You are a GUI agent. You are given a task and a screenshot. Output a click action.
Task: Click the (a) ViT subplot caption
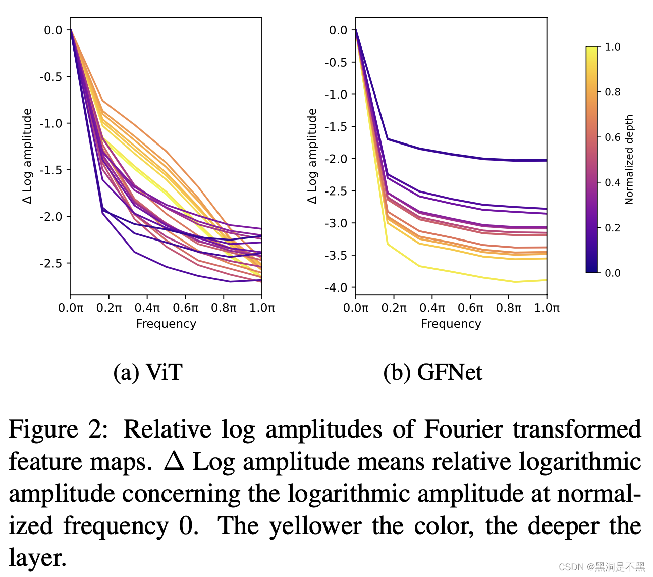click(x=147, y=373)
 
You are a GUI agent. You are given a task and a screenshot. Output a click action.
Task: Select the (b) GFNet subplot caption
click(x=432, y=373)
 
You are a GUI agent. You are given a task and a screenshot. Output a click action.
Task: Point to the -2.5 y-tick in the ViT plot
click(x=51, y=263)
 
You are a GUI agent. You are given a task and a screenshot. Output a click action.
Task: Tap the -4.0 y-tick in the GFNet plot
click(x=336, y=287)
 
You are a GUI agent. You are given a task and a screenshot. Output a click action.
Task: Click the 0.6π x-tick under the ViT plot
click(x=185, y=308)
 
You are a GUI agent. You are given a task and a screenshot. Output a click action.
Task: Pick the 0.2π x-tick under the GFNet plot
click(x=394, y=308)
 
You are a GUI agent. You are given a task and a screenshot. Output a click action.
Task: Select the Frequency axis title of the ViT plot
click(x=166, y=324)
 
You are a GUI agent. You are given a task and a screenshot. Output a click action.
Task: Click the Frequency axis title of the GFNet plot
click(x=451, y=324)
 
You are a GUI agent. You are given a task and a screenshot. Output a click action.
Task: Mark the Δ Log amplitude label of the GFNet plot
click(x=312, y=156)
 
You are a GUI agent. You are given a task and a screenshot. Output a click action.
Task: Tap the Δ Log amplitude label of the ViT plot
click(x=27, y=156)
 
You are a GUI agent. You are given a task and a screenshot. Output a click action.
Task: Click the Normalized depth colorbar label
click(x=629, y=160)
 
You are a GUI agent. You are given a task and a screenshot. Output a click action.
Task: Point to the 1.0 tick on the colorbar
click(x=612, y=47)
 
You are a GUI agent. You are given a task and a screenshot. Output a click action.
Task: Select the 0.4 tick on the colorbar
click(x=612, y=182)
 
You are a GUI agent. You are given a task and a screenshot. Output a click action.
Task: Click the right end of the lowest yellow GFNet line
click(x=546, y=280)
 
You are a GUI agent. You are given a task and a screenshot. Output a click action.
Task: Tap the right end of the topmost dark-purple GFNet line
click(x=546, y=160)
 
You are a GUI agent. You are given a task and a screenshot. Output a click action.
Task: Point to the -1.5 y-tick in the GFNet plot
click(x=336, y=126)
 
